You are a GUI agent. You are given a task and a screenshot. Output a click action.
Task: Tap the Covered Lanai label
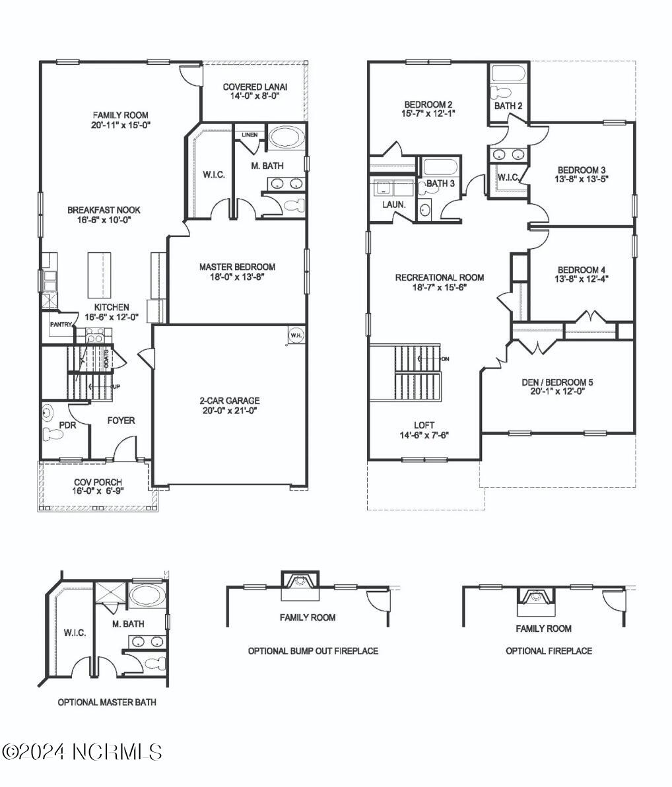[x=255, y=86]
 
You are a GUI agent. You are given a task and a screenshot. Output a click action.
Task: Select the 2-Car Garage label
[x=229, y=400]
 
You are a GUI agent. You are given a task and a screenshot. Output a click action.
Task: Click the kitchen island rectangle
[x=101, y=275]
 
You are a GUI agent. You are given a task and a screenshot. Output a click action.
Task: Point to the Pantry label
[x=61, y=324]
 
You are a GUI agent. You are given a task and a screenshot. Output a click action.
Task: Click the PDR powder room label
[x=67, y=425]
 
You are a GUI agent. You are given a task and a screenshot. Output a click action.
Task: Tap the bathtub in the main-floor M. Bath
[x=286, y=137]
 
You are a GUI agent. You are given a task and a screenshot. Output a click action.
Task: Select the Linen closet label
[x=249, y=135]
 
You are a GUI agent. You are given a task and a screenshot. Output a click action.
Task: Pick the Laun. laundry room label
[x=393, y=205]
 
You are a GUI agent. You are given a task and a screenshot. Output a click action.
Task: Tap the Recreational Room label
[x=439, y=277]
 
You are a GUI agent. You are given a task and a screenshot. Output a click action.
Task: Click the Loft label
[x=424, y=425]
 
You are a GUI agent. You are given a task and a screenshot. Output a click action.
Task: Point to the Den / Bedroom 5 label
[x=556, y=382]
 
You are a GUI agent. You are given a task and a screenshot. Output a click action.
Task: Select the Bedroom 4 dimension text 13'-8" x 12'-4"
[x=582, y=279]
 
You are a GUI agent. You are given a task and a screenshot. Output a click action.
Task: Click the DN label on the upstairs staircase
[x=445, y=359]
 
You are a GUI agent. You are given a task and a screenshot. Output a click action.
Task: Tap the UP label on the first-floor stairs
[x=115, y=386]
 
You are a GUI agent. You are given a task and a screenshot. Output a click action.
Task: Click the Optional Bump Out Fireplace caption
[x=313, y=651]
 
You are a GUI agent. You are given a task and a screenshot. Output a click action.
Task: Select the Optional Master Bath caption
[x=107, y=702]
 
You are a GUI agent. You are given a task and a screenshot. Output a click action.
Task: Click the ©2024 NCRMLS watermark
[x=83, y=752]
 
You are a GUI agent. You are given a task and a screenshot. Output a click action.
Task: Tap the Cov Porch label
[x=98, y=483]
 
